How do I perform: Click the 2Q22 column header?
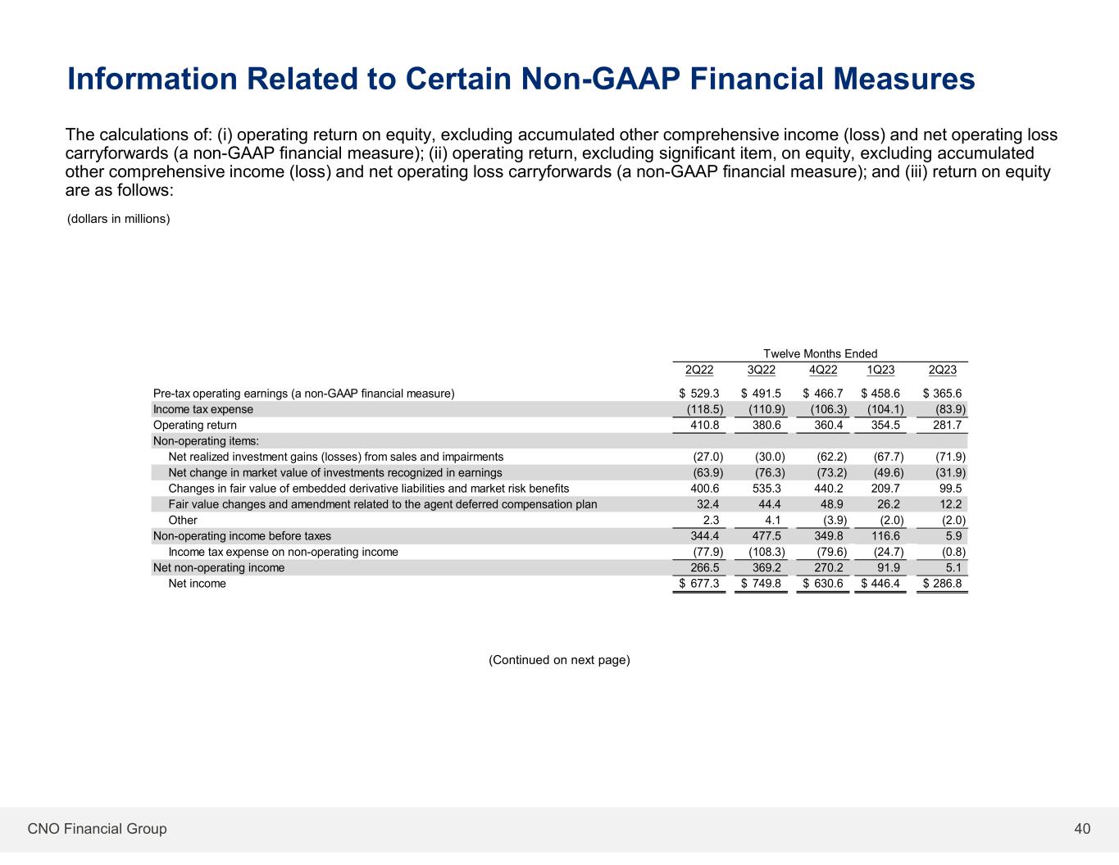(699, 370)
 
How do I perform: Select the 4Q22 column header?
(822, 370)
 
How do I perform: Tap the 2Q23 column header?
(942, 370)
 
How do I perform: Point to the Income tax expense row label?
(203, 409)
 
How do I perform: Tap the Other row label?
(183, 521)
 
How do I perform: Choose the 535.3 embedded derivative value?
(766, 489)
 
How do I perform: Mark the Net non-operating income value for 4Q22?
(827, 568)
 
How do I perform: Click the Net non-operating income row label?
(219, 568)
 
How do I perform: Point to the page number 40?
(1082, 829)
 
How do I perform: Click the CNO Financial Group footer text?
(97, 829)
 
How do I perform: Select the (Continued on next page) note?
(559, 660)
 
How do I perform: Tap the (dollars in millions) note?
(118, 219)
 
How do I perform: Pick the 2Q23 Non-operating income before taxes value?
(952, 536)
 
